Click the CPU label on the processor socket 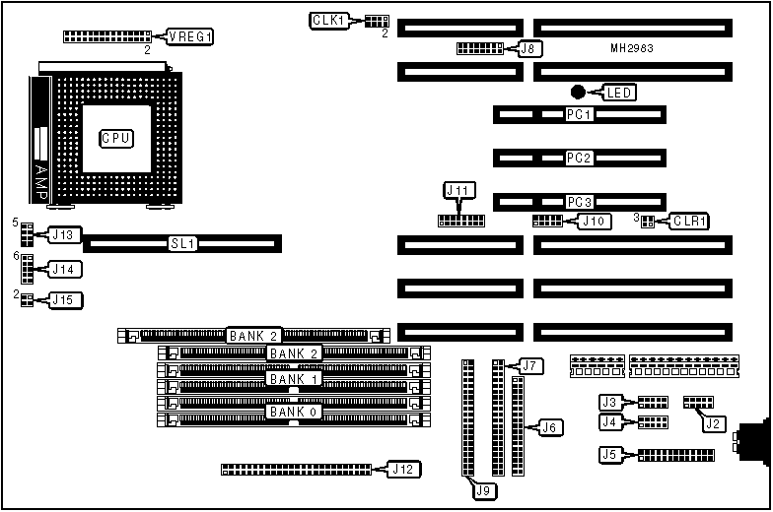coord(116,139)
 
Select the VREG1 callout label coord(190,36)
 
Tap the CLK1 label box coord(327,20)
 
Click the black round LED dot coord(578,92)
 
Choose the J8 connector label coord(529,47)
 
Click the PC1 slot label coord(578,115)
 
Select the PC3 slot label coord(578,202)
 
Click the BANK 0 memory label coord(293,412)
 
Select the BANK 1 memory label coord(293,379)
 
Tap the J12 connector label coord(400,469)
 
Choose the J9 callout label coord(482,488)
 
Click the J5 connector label coord(611,455)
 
